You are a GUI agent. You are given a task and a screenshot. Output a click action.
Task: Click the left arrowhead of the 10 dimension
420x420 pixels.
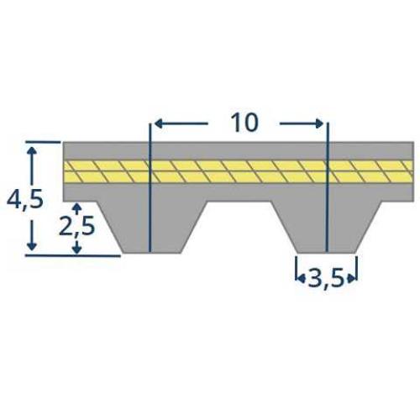pyautogui.click(x=155, y=124)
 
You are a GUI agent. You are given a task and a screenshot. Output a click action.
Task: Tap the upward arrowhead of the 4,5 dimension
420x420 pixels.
pyautogui.click(x=33, y=150)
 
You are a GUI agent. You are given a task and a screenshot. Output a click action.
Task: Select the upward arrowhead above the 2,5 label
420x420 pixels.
pyautogui.click(x=77, y=207)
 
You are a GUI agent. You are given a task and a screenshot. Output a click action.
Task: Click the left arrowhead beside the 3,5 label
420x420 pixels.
pyautogui.click(x=299, y=275)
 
